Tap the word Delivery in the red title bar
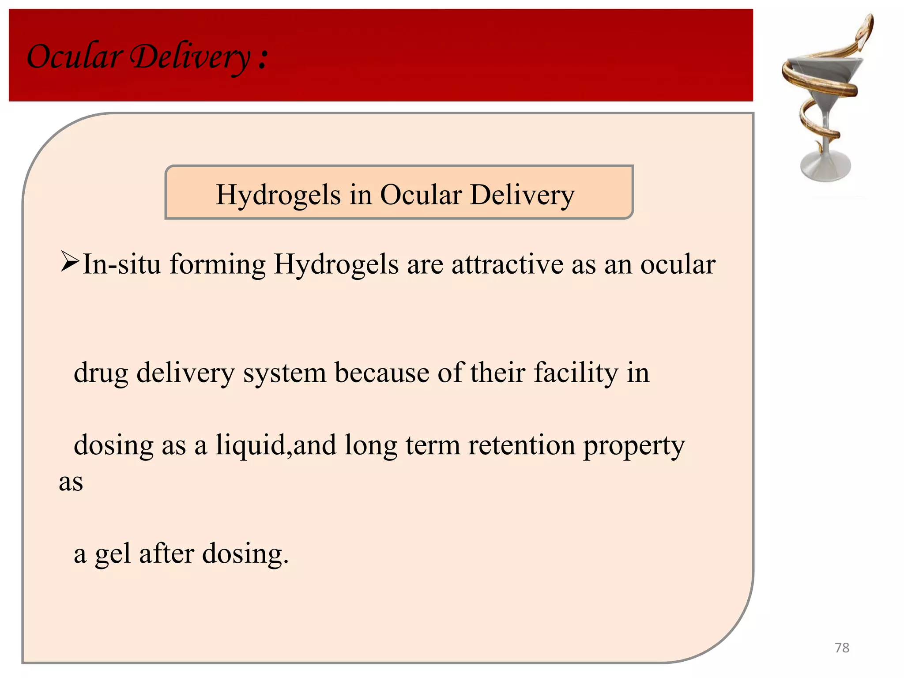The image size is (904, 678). (191, 57)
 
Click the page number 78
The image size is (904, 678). (842, 648)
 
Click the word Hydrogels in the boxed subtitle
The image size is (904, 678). (278, 195)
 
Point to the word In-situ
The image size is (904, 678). (122, 264)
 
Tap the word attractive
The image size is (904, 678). (507, 264)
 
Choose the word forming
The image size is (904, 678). (218, 265)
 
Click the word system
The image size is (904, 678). (285, 373)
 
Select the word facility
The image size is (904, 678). (576, 373)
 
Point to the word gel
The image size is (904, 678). (113, 554)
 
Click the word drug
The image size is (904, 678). (101, 373)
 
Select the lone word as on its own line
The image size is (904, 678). (71, 482)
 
